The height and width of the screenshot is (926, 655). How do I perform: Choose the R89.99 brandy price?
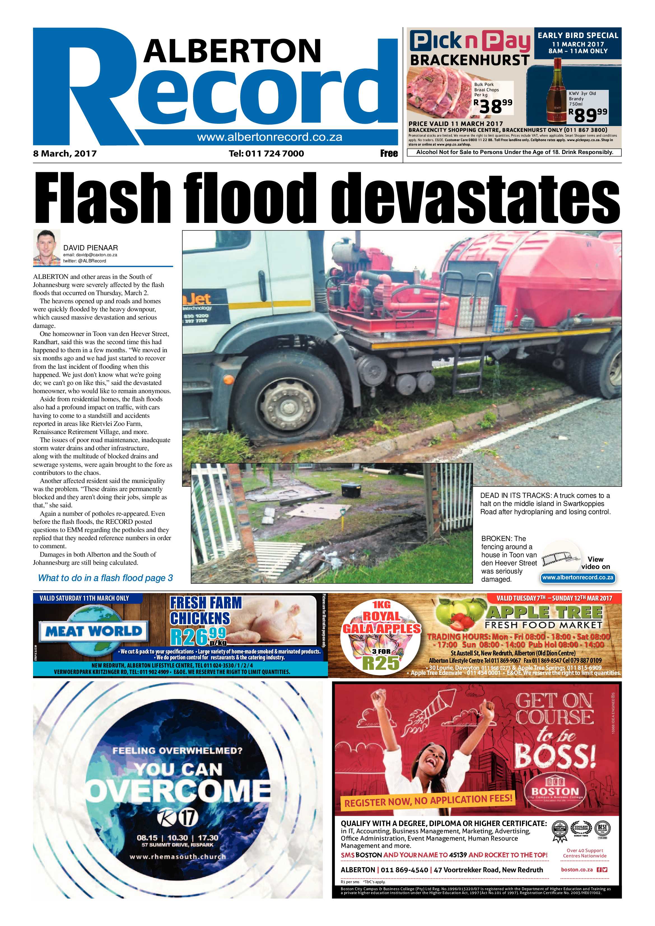click(587, 115)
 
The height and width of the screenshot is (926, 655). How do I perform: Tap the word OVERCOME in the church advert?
click(179, 791)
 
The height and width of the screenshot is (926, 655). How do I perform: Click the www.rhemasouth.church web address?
click(178, 856)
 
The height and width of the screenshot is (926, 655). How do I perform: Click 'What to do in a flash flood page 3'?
click(105, 578)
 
